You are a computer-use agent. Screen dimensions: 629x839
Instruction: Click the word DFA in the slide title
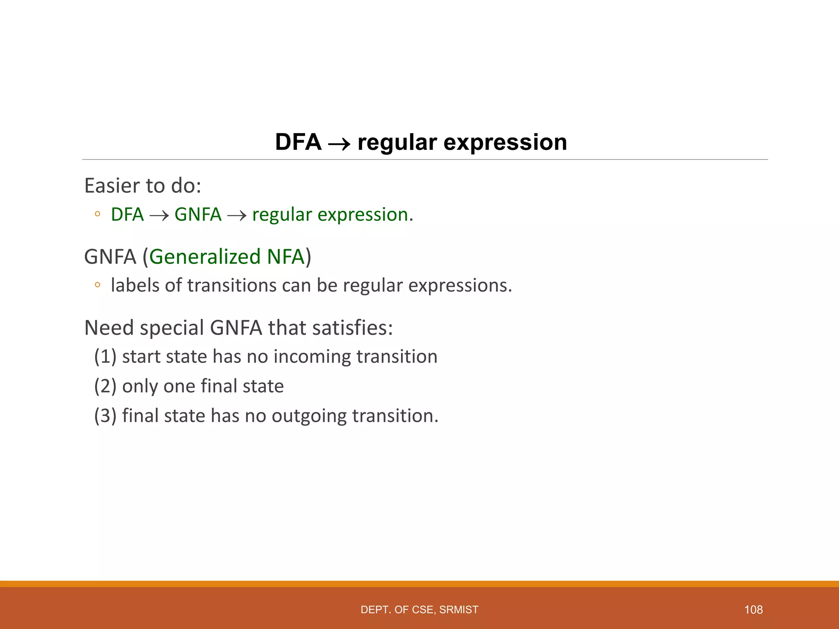298,142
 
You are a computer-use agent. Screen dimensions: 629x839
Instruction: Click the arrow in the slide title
339,144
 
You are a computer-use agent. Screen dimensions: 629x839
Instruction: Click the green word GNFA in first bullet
198,215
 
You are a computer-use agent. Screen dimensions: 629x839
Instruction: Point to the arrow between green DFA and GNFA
159,216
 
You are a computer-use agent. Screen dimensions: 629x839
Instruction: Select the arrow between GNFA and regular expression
237,216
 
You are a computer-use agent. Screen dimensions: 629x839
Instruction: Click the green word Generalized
205,257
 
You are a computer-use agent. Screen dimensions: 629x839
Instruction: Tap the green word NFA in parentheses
285,257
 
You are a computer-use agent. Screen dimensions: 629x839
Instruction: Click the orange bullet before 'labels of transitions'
97,285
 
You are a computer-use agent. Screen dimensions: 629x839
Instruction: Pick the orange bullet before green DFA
97,214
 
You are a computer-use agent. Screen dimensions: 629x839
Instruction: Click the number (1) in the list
105,356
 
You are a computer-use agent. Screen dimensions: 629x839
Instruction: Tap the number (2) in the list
105,386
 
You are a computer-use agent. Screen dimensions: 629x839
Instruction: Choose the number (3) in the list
105,416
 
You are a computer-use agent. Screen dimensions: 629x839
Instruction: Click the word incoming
312,356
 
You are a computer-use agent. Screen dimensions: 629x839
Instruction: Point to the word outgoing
309,416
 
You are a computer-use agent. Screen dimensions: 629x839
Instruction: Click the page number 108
753,610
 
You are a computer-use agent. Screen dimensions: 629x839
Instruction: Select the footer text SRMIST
458,610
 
